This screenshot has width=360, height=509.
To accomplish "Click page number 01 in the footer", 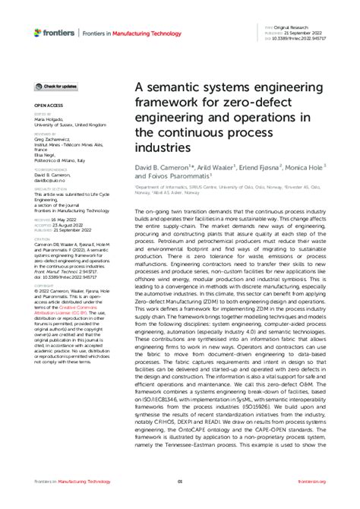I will coord(180,482).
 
